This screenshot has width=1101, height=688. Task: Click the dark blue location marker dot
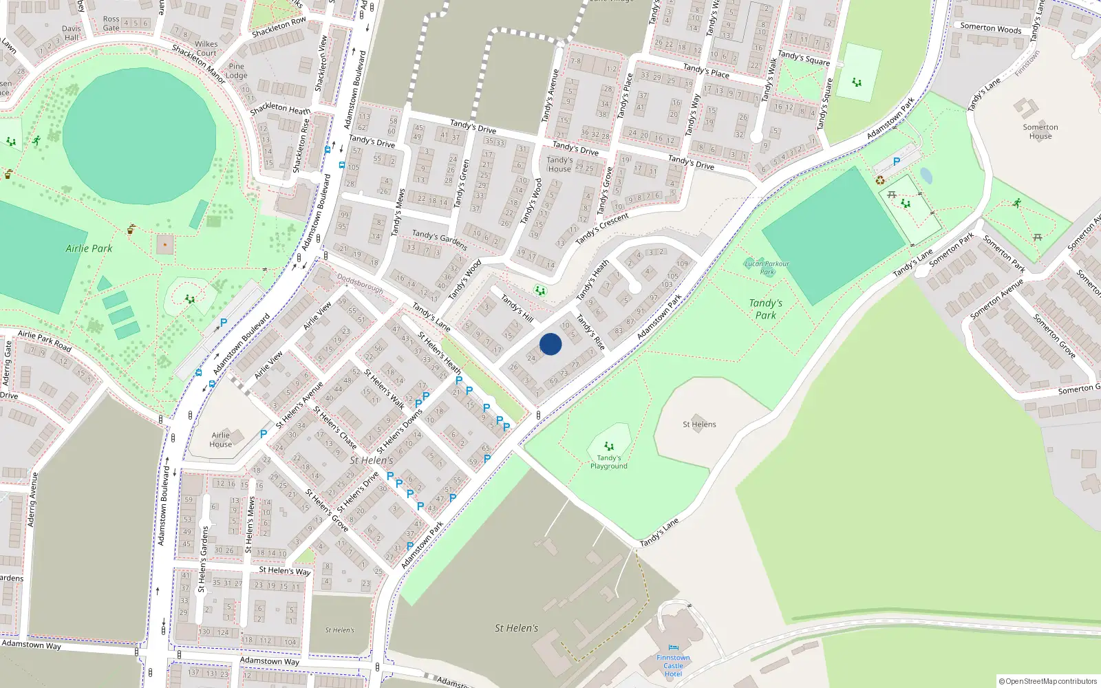[x=550, y=344]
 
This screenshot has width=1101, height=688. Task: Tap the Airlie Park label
[x=89, y=248]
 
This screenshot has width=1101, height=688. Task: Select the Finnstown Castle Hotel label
[x=673, y=665]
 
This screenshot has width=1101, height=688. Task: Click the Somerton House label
[x=1040, y=131]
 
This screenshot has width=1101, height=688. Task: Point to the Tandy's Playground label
[x=608, y=462]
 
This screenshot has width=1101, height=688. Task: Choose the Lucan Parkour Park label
[x=767, y=268]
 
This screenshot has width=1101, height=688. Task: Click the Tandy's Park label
[x=765, y=309]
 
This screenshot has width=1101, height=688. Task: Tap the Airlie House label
[x=220, y=440]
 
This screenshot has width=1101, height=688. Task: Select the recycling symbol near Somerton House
[x=880, y=180]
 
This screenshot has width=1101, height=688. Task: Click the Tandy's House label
[x=559, y=164]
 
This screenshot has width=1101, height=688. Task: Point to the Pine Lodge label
[x=236, y=71]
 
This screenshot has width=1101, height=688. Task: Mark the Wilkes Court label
[x=206, y=48]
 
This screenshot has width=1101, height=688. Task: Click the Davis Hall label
[x=72, y=33]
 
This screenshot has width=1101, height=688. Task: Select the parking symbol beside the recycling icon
[x=896, y=162]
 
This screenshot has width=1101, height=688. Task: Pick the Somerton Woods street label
[x=990, y=28]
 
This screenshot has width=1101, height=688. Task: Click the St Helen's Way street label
[x=284, y=570]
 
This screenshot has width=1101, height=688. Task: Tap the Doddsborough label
[x=360, y=283]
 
